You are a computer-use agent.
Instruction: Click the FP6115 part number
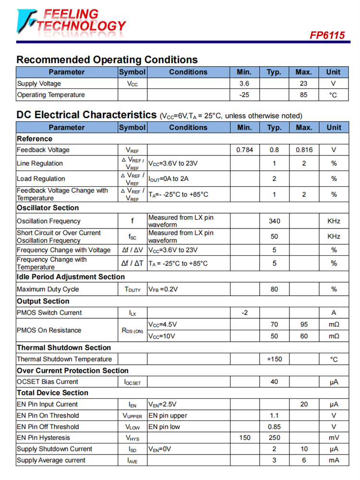click(x=327, y=35)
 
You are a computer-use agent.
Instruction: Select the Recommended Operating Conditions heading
click(x=107, y=60)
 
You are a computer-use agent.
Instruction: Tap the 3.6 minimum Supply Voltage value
click(x=244, y=84)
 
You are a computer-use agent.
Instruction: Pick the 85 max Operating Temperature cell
click(x=303, y=95)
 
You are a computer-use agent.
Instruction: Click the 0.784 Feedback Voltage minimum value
click(x=244, y=150)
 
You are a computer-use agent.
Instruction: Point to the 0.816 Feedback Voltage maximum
click(x=304, y=150)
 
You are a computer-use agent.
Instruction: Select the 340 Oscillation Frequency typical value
click(x=274, y=221)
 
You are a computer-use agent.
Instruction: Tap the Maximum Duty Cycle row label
click(x=48, y=289)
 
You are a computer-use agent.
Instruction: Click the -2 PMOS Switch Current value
click(x=244, y=313)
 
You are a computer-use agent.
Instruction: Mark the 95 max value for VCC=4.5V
click(x=304, y=324)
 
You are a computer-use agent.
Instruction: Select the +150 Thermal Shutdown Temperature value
click(x=274, y=359)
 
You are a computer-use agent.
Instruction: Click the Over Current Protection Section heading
click(x=72, y=371)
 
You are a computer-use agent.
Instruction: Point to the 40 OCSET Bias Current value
click(x=274, y=382)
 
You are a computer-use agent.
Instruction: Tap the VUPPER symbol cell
click(x=132, y=416)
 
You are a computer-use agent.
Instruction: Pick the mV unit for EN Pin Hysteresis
click(x=334, y=438)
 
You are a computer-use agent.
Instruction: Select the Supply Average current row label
click(x=51, y=460)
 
